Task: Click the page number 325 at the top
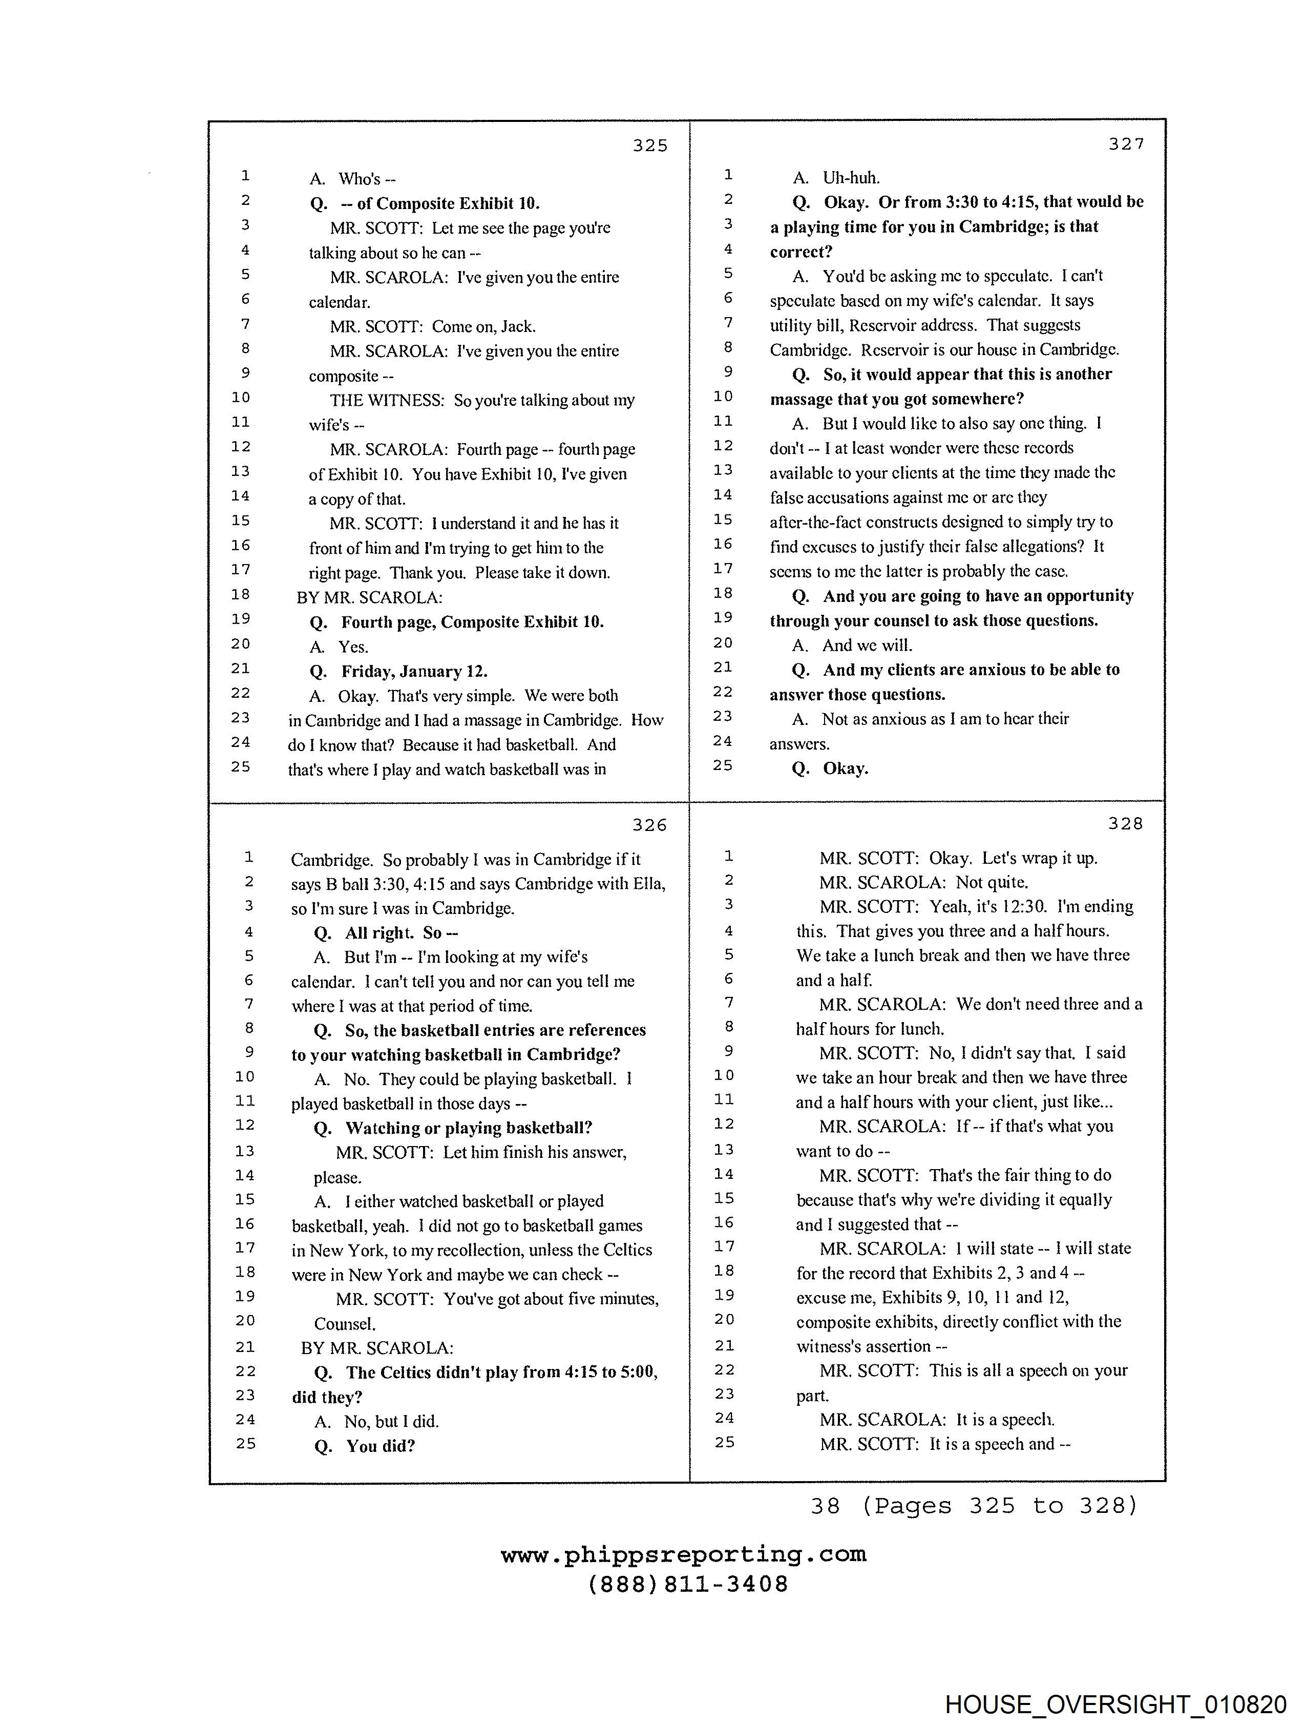coord(650,145)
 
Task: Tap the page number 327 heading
coord(1126,143)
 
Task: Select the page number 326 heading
coord(649,825)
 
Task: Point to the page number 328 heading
coord(1125,823)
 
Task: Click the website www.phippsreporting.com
coord(683,1554)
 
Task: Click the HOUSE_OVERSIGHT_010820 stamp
coord(1115,1703)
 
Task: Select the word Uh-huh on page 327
coord(851,177)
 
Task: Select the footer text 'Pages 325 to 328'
coord(999,1505)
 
